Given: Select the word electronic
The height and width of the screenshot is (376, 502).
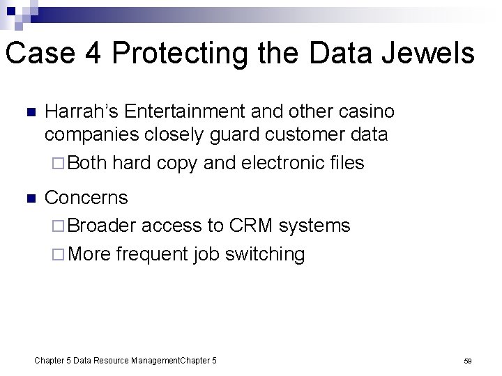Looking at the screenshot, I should (x=281, y=163).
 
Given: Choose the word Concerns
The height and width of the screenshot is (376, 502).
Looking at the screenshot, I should (x=86, y=198).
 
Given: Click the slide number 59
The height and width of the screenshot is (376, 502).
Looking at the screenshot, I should (x=468, y=361).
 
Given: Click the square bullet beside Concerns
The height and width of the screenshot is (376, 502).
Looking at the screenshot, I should (x=29, y=198).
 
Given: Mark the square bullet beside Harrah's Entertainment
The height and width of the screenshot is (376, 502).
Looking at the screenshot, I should (x=29, y=113).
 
